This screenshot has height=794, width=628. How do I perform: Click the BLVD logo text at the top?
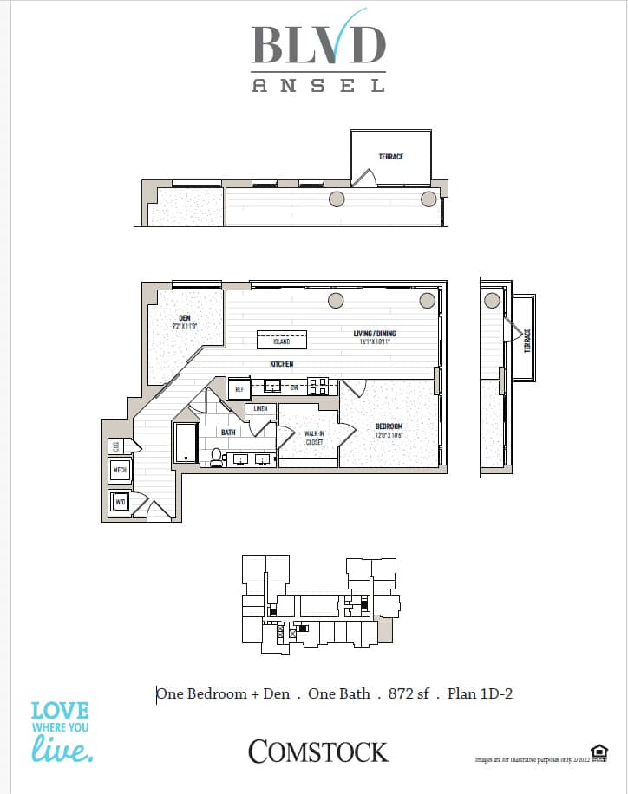tap(318, 43)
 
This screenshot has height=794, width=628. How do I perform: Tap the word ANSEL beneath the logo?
tap(318, 85)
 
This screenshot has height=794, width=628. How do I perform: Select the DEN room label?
tap(185, 318)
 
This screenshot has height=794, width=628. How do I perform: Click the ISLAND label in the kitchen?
tap(281, 342)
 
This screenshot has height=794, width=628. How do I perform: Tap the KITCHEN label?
tap(281, 364)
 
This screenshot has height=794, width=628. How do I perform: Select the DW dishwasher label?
tap(294, 387)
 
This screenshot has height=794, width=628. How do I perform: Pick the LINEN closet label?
tap(260, 408)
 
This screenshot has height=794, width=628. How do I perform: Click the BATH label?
tap(228, 432)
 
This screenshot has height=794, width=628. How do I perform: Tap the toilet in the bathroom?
tap(216, 456)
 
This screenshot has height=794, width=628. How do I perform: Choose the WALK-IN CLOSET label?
tap(313, 437)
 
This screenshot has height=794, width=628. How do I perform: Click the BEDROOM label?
tap(389, 426)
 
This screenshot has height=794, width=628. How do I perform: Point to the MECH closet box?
tap(120, 472)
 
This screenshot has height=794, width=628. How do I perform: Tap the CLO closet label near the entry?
tap(116, 446)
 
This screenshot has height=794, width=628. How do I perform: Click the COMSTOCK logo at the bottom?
tap(318, 752)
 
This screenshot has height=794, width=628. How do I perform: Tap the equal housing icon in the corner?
tap(598, 751)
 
